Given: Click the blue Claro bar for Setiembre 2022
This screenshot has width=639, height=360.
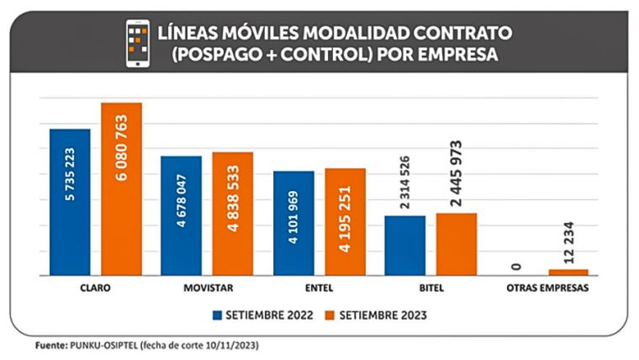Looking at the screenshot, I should [x=70, y=202].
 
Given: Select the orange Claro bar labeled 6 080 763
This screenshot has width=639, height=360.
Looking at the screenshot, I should [x=122, y=189].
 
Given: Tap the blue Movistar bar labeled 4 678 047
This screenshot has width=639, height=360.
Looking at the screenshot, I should [x=181, y=215].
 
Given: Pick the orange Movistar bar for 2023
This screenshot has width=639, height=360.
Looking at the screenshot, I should [x=232, y=214].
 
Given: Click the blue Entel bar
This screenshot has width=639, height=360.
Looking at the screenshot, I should [x=293, y=223].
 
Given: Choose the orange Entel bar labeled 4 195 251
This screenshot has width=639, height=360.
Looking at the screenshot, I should [x=346, y=221].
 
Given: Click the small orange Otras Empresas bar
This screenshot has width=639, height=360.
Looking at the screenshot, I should [x=568, y=272].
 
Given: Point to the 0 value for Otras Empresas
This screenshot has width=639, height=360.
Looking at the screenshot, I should [x=517, y=267].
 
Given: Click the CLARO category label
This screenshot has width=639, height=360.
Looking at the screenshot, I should [x=96, y=288].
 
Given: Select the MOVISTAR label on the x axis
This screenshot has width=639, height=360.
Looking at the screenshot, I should [x=207, y=288].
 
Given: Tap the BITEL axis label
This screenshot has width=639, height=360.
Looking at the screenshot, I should [x=430, y=288].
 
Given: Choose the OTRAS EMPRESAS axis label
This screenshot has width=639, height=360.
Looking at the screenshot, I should [x=542, y=288].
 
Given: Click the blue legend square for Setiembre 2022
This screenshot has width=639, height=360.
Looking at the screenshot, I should [x=217, y=315].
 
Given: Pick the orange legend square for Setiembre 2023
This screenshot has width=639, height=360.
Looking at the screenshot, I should [x=330, y=315].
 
